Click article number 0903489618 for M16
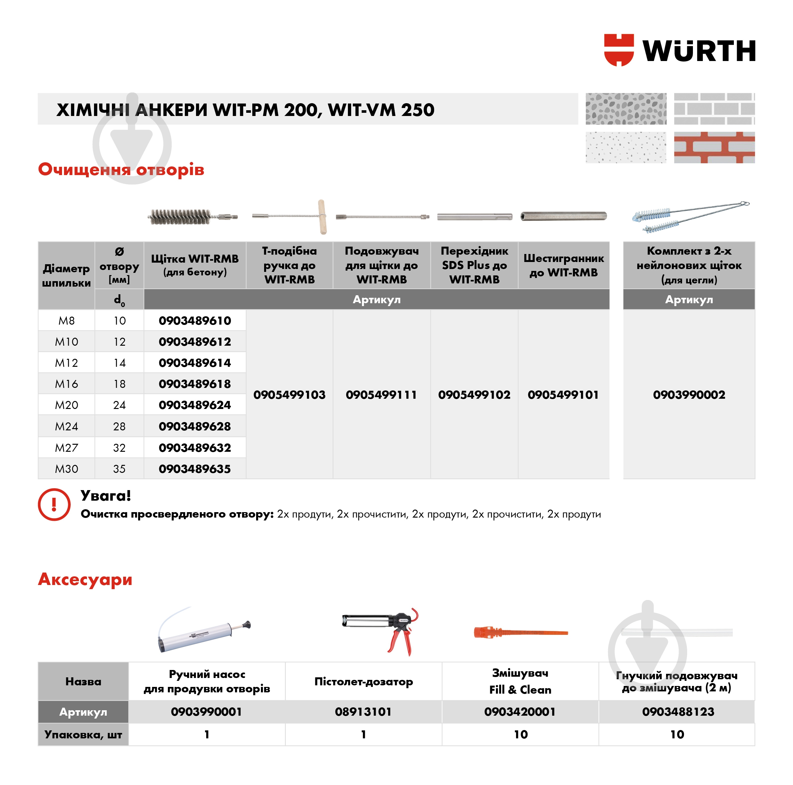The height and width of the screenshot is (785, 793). [195, 384]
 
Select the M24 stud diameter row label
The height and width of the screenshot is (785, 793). [67, 427]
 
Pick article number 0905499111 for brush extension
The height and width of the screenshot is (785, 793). [381, 395]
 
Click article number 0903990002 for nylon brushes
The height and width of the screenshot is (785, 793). [689, 395]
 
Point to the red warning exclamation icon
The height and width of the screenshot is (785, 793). [54, 504]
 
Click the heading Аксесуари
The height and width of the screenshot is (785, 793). [85, 580]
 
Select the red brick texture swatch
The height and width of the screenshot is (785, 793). [714, 148]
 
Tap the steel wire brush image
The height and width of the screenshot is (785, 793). [192, 217]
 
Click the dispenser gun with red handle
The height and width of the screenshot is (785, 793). [382, 629]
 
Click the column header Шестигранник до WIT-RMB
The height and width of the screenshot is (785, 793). [563, 266]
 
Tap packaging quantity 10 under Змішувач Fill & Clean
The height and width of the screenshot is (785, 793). [521, 735]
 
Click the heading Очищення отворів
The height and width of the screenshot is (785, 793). [121, 169]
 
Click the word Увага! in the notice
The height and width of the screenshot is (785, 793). [106, 496]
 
